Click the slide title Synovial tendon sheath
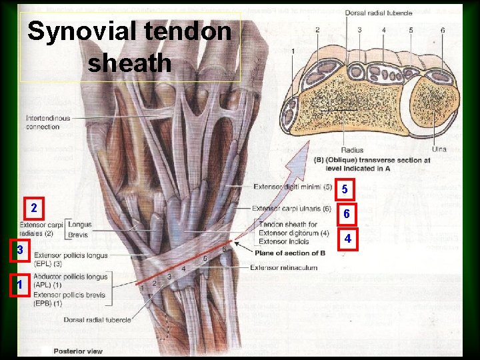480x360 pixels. pyautogui.click(x=130, y=47)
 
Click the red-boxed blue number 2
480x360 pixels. pyautogui.click(x=34, y=208)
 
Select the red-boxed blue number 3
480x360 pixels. pyautogui.click(x=21, y=250)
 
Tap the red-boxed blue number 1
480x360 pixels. pyautogui.click(x=20, y=285)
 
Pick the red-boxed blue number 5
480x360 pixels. pyautogui.click(x=345, y=190)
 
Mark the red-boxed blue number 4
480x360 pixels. pyautogui.click(x=347, y=238)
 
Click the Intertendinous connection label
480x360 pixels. pyautogui.click(x=48, y=123)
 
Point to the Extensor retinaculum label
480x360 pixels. pyautogui.click(x=283, y=267)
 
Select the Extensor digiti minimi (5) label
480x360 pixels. pyautogui.click(x=293, y=187)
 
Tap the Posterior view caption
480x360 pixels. pyautogui.click(x=78, y=351)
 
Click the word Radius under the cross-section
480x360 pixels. pyautogui.click(x=352, y=150)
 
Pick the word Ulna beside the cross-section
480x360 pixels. pyautogui.click(x=439, y=149)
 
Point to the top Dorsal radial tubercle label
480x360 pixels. pyautogui.click(x=379, y=13)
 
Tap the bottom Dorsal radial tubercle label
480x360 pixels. pyautogui.click(x=97, y=320)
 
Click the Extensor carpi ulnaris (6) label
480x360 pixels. pyautogui.click(x=291, y=208)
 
